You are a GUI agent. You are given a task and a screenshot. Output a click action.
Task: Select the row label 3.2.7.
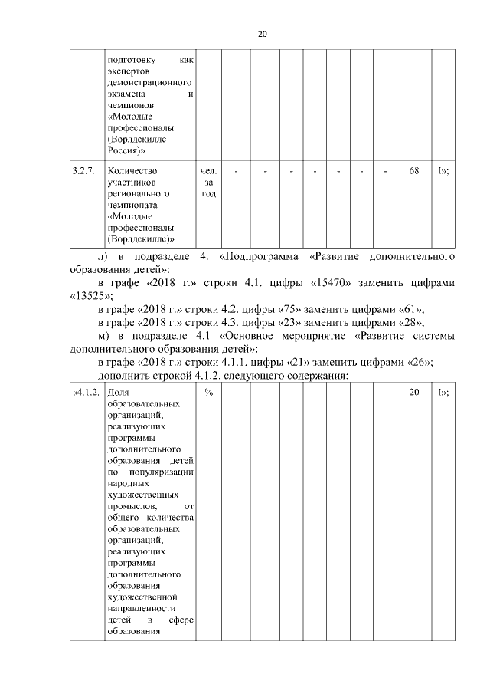83,171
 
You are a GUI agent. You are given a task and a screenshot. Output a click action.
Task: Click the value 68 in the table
413,171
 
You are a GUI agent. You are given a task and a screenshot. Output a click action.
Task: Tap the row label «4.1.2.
86,393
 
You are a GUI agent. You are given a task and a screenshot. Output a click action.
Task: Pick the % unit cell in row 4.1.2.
208,393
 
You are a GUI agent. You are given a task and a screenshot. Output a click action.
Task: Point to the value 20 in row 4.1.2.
413,393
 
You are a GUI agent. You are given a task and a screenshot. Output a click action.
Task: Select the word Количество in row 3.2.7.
132,171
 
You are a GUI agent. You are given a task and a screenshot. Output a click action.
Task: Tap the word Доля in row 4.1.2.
119,393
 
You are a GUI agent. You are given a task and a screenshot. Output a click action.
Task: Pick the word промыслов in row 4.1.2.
133,506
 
